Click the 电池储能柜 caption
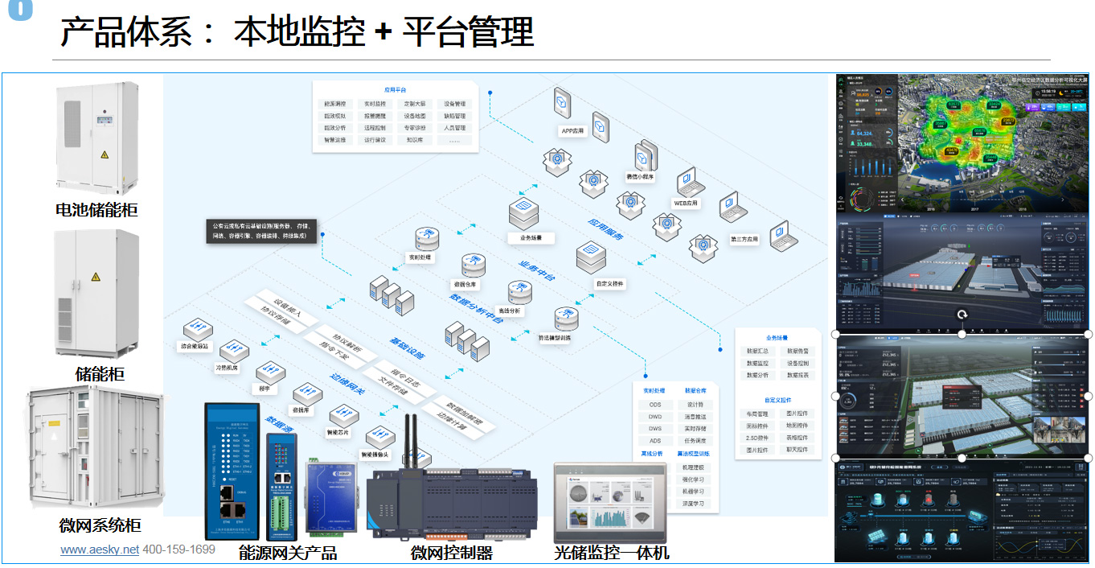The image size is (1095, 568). coord(96,210)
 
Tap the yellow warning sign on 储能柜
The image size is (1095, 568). coord(96,277)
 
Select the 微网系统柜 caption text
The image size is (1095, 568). coord(100,525)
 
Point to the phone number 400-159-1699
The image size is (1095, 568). coord(178,549)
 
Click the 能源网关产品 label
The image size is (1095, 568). coord(287,553)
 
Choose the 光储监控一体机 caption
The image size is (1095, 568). coord(611,553)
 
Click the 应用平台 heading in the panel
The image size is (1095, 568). coord(395,90)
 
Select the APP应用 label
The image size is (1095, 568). coord(572,130)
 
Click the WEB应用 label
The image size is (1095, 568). coord(686,204)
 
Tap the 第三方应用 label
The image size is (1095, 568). coord(744,239)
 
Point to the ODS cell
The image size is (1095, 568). coord(655,405)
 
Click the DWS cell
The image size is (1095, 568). coord(655,429)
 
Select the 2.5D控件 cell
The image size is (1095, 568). coord(757,438)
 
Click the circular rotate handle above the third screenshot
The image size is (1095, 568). coord(962,315)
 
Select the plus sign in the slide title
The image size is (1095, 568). coord(383,33)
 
